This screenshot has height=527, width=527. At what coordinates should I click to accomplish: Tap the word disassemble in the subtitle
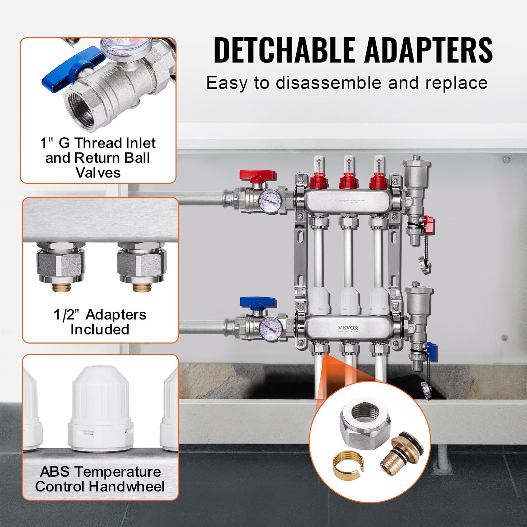pos(328,83)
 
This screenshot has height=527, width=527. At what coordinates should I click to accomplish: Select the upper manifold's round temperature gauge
pos(270,201)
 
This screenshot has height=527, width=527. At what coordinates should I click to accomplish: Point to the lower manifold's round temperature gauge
pos(270,329)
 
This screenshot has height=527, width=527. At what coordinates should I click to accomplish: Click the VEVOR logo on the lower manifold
pos(348,328)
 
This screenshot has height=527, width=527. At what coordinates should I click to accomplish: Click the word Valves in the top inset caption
pos(98,173)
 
